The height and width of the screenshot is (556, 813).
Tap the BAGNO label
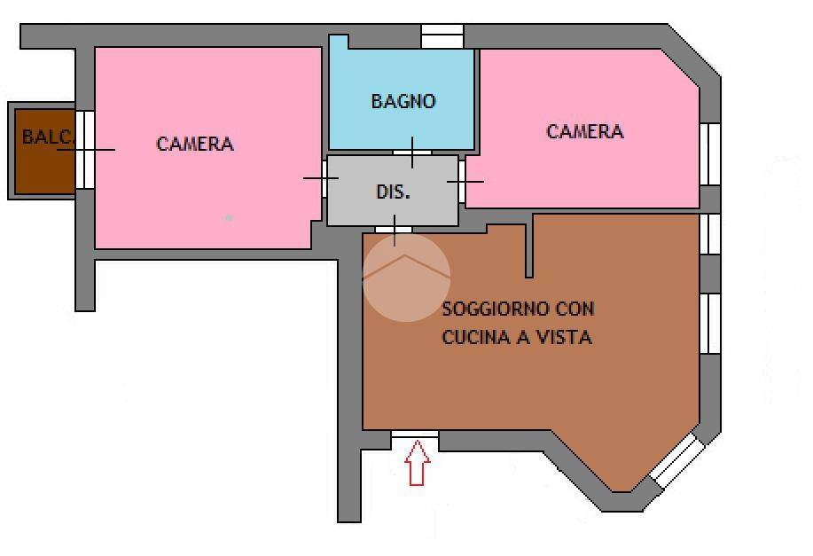click(x=403, y=101)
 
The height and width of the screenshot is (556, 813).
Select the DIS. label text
click(x=393, y=192)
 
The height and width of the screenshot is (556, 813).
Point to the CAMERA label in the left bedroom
click(x=195, y=144)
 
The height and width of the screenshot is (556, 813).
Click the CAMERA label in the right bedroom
click(x=584, y=131)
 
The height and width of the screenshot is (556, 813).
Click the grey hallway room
click(x=393, y=208)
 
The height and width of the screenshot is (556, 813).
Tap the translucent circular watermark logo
click(x=407, y=277)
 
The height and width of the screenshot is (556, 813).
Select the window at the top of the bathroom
click(x=442, y=36)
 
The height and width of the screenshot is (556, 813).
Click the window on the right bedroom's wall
click(x=710, y=154)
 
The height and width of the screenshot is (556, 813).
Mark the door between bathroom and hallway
click(x=412, y=153)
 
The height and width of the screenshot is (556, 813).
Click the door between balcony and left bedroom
click(x=85, y=149)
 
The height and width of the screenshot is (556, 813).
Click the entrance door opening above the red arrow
click(x=415, y=435)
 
